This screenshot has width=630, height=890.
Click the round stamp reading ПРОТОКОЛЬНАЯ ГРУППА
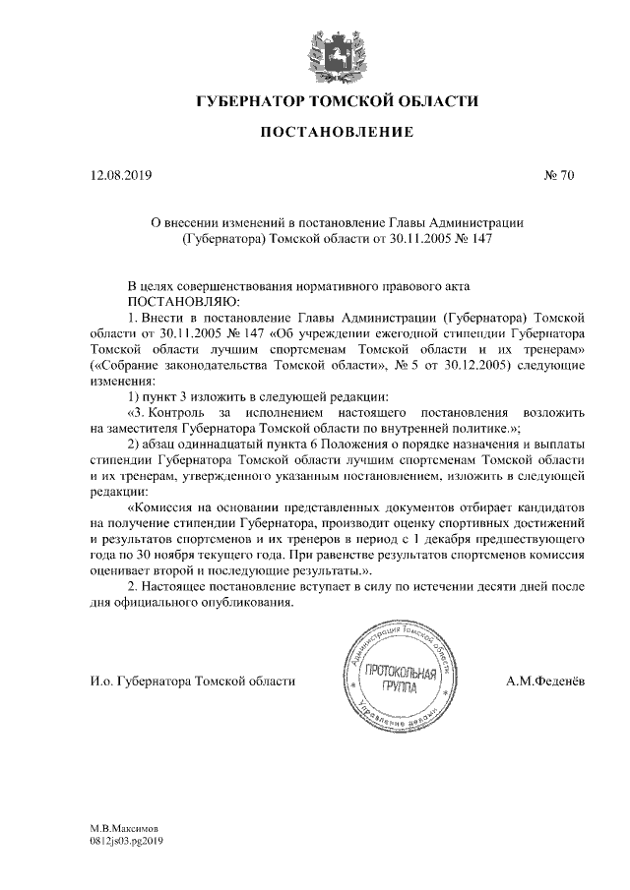399,676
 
